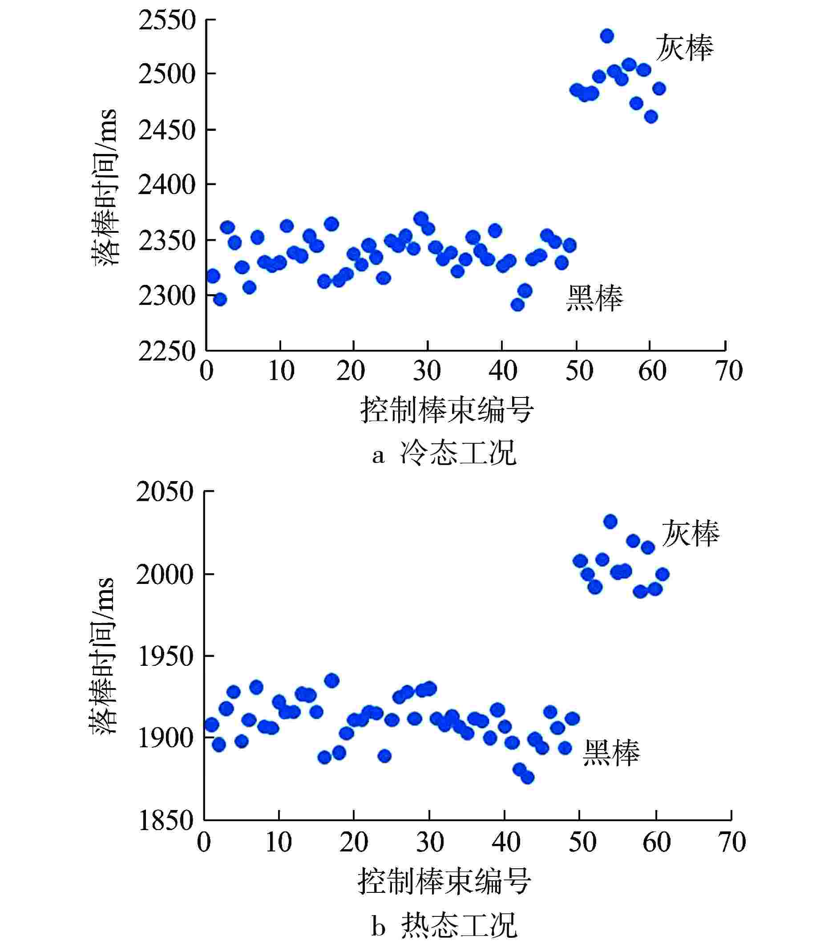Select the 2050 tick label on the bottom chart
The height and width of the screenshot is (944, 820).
(x=165, y=492)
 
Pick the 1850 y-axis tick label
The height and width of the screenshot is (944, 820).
(x=166, y=820)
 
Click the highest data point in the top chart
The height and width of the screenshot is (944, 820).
(x=607, y=36)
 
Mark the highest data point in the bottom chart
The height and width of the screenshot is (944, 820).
(x=610, y=522)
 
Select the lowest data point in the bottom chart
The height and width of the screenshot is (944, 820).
(x=528, y=778)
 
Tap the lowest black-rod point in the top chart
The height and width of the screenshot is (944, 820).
(x=517, y=304)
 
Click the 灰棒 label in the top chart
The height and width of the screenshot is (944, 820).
(x=684, y=48)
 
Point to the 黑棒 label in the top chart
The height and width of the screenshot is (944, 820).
(x=594, y=299)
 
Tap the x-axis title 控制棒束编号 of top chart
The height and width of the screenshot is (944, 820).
(x=447, y=410)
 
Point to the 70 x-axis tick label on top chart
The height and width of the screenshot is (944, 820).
(x=728, y=371)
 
